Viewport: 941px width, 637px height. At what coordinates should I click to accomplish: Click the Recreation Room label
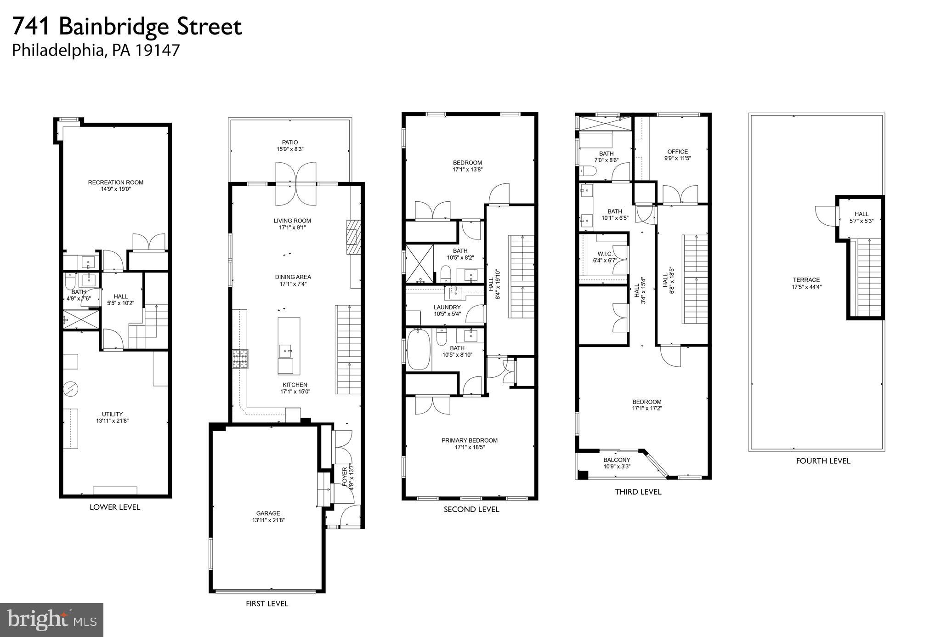pyautogui.click(x=116, y=182)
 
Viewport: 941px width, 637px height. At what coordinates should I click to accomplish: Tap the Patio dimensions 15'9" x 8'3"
pyautogui.click(x=290, y=149)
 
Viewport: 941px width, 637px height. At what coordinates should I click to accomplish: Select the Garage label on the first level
pyautogui.click(x=268, y=513)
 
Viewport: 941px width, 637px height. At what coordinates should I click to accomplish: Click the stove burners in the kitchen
pyautogui.click(x=240, y=359)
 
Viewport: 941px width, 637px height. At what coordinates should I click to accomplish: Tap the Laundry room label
pyautogui.click(x=447, y=307)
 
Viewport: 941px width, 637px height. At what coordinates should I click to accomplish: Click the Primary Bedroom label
pyautogui.click(x=469, y=440)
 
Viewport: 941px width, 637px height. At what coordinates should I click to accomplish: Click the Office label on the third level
pyautogui.click(x=678, y=152)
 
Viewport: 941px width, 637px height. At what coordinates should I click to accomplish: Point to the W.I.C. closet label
pyautogui.click(x=605, y=254)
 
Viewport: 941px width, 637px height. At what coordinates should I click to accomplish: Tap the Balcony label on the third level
pyautogui.click(x=617, y=460)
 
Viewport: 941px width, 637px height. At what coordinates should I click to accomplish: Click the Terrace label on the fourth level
pyautogui.click(x=806, y=280)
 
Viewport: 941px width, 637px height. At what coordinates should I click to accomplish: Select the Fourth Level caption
pyautogui.click(x=823, y=461)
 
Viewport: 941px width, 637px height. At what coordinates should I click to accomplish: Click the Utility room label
pyautogui.click(x=113, y=414)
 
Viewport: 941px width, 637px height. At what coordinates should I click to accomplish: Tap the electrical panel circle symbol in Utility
pyautogui.click(x=71, y=389)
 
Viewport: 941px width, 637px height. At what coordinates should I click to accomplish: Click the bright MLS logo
pyautogui.click(x=51, y=620)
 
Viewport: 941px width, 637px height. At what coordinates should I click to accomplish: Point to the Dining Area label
pyautogui.click(x=293, y=277)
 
